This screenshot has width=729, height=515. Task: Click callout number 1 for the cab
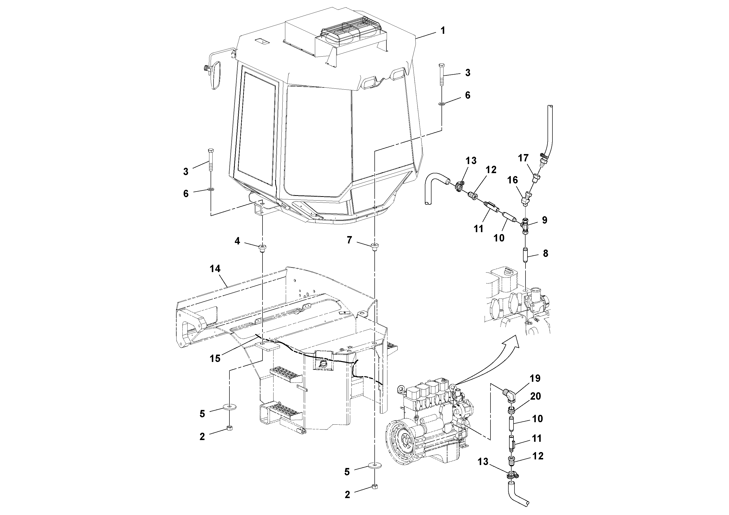pyautogui.click(x=442, y=31)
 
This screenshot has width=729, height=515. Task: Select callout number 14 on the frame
pyautogui.click(x=215, y=269)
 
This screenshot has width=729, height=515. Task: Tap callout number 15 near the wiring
pyautogui.click(x=215, y=359)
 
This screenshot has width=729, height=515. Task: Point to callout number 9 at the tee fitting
pyautogui.click(x=545, y=220)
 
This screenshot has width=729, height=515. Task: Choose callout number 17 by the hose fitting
pyautogui.click(x=523, y=158)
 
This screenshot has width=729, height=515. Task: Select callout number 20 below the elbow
pyautogui.click(x=536, y=396)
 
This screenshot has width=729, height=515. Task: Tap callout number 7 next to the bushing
pyautogui.click(x=349, y=240)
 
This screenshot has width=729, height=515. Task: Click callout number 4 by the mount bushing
pyautogui.click(x=237, y=241)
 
